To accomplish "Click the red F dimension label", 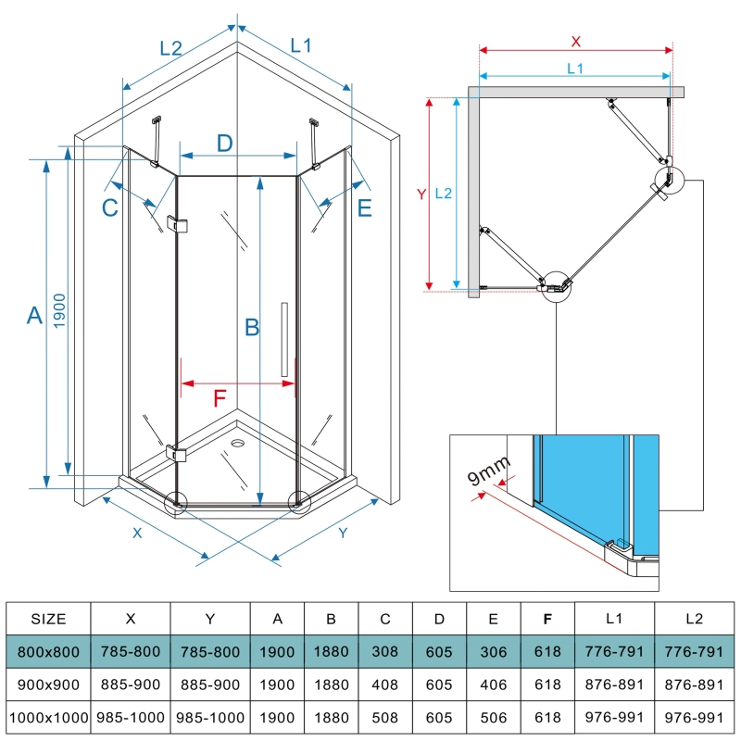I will point(220,399).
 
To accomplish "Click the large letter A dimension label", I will point(34,316).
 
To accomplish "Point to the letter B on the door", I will point(250,327).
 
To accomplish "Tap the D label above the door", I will point(224,144).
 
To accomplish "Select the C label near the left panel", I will point(110,208).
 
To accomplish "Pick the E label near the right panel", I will point(364,208).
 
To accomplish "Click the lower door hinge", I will point(177,453).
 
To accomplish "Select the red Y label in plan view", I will point(421,195).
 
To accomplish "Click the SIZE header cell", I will point(48,619).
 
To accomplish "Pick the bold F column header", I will point(547,619).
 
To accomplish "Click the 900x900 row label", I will point(48,684).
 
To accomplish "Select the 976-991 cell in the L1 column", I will point(614,717).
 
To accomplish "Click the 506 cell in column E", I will point(494,717).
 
